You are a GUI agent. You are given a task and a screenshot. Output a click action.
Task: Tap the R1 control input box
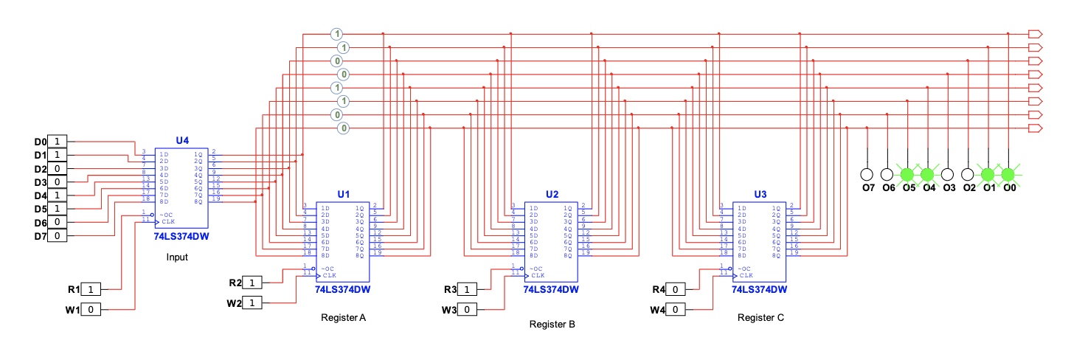click(91, 289)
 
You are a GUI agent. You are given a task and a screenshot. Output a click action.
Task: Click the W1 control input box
click(91, 310)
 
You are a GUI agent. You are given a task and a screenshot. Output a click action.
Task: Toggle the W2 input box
click(252, 303)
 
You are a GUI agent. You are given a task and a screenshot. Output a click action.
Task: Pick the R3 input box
click(467, 289)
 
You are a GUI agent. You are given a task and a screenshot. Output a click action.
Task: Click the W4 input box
click(676, 310)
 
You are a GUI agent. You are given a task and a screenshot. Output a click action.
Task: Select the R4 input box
click(676, 289)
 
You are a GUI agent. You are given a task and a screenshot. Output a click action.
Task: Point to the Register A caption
click(343, 318)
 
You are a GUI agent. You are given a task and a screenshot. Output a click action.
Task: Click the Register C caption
click(760, 318)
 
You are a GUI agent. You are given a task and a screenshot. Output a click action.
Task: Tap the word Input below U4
click(176, 257)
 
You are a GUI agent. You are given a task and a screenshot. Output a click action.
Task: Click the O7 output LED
click(867, 175)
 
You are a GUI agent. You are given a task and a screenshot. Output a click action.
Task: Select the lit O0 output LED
click(1008, 175)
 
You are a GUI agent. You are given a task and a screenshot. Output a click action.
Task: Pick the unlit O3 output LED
click(948, 175)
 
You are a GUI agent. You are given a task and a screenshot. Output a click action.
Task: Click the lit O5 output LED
click(907, 175)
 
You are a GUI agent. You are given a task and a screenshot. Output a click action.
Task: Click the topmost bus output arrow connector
click(1034, 34)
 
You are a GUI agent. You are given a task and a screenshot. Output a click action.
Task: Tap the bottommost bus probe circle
click(343, 128)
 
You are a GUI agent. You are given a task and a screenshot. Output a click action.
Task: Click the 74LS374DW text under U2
click(551, 290)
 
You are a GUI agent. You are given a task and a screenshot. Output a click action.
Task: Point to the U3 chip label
click(760, 194)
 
